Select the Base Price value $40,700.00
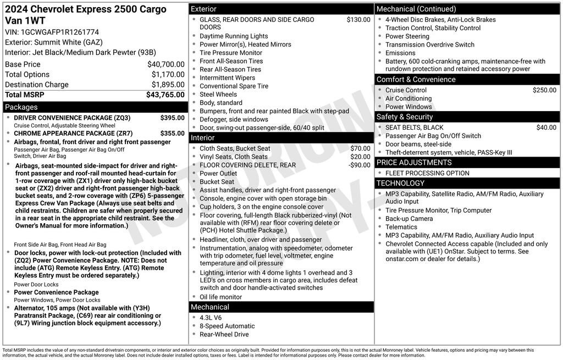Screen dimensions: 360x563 click(x=165, y=64)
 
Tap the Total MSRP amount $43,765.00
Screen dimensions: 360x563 click(x=165, y=95)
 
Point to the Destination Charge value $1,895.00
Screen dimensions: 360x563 click(x=168, y=85)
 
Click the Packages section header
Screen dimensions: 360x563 click(x=21, y=107)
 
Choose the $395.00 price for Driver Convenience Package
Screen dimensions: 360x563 click(x=172, y=118)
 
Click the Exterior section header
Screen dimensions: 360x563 click(x=204, y=9)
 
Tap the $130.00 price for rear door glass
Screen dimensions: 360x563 click(x=358, y=20)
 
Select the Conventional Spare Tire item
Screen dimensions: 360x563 click(x=234, y=86)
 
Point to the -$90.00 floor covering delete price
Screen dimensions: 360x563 click(x=360, y=165)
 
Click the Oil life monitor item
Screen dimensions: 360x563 click(x=220, y=297)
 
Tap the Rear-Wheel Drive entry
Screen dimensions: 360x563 click(x=224, y=334)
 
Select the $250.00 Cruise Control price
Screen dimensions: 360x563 click(x=544, y=90)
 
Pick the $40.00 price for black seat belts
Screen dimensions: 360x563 click(x=546, y=128)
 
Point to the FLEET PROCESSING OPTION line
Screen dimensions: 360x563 click(x=427, y=173)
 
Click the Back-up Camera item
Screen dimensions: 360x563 click(x=409, y=219)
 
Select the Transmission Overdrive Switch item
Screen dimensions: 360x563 click(x=429, y=45)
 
